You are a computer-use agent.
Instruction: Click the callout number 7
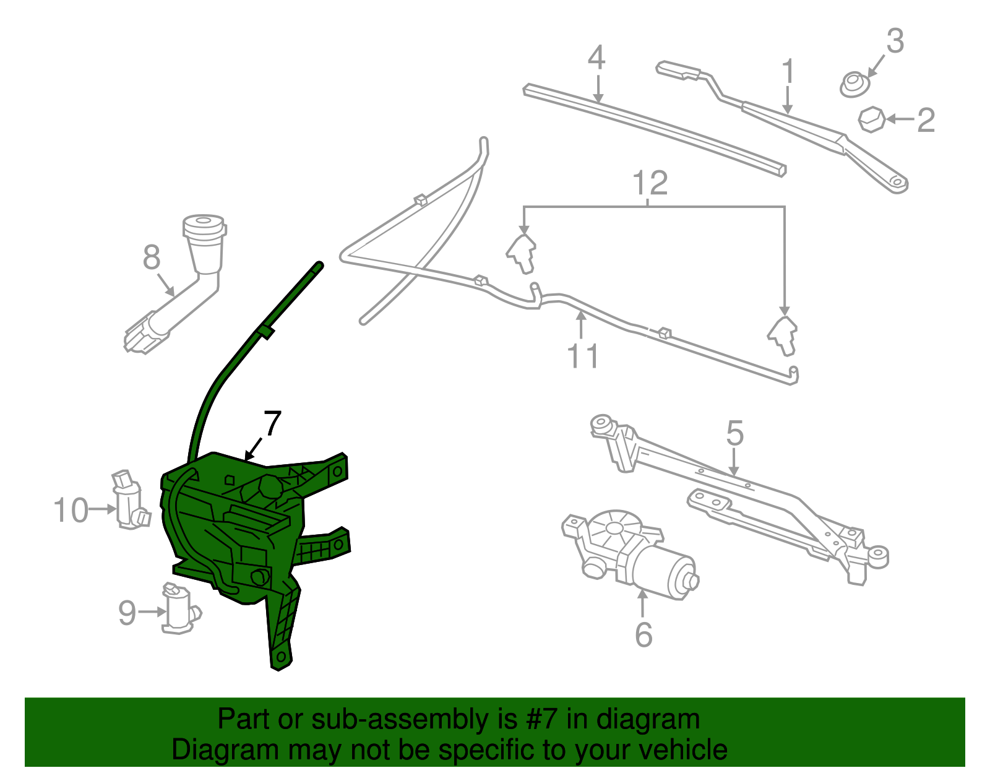pyautogui.click(x=272, y=424)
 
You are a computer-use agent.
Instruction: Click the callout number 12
pyautogui.click(x=650, y=183)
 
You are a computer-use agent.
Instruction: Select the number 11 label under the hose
pyautogui.click(x=582, y=356)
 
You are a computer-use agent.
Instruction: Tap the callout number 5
pyautogui.click(x=734, y=433)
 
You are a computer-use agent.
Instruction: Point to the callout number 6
pyautogui.click(x=643, y=635)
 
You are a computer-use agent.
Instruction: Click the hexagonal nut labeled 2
pyautogui.click(x=872, y=119)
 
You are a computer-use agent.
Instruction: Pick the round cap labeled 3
pyautogui.click(x=854, y=85)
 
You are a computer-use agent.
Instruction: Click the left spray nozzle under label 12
pyautogui.click(x=522, y=253)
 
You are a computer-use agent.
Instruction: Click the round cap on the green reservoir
pyautogui.click(x=270, y=486)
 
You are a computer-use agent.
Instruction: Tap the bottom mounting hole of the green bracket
pyautogui.click(x=280, y=656)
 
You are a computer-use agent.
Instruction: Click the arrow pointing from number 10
pyautogui.click(x=102, y=509)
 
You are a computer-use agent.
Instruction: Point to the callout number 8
pyautogui.click(x=151, y=257)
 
